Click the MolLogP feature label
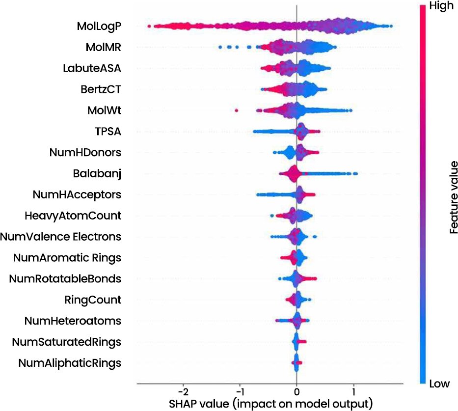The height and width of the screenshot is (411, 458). [x=99, y=27]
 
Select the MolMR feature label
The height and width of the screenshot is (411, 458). [x=104, y=47]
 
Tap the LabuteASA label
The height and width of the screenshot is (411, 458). [x=92, y=68]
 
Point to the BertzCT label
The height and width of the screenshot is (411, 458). [x=101, y=89]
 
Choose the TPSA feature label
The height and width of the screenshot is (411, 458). [x=108, y=131]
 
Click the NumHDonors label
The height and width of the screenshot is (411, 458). [x=85, y=152]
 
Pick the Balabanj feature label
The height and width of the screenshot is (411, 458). [x=97, y=173]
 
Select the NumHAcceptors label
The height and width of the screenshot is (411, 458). [x=77, y=194]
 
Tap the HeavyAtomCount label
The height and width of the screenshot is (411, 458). [x=73, y=216]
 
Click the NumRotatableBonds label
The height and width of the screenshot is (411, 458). [x=65, y=279]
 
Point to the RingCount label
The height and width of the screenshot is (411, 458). [x=93, y=300]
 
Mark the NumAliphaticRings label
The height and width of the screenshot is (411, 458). [x=70, y=363]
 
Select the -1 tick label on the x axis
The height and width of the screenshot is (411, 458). [x=240, y=392]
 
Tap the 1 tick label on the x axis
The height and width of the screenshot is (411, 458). [x=354, y=392]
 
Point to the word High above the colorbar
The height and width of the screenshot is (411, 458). [x=441, y=6]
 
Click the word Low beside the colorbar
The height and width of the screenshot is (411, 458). [x=439, y=384]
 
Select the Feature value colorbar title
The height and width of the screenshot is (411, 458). [x=453, y=197]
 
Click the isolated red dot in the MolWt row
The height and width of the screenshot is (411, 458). [x=237, y=110]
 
